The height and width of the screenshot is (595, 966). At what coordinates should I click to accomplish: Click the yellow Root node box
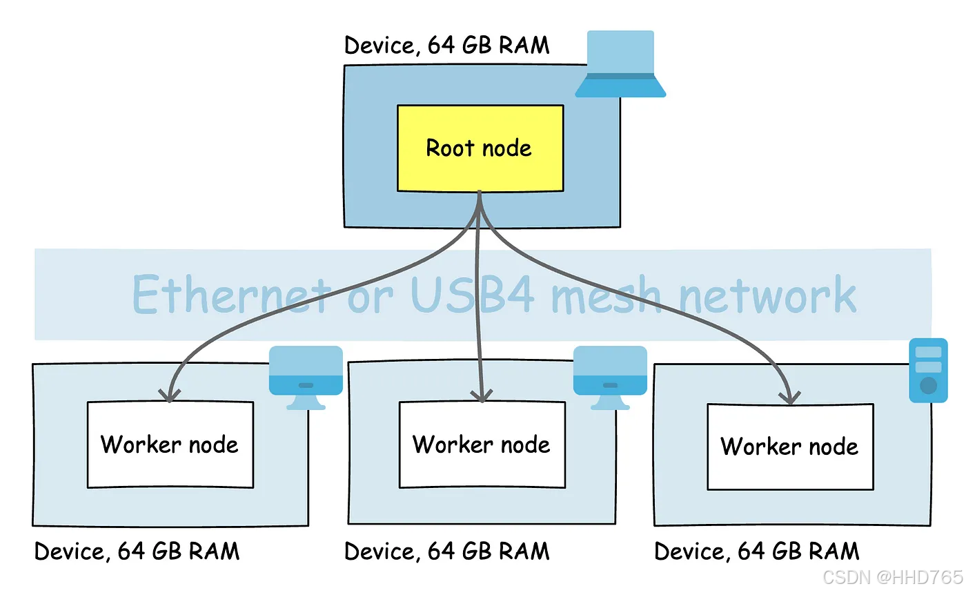click(480, 148)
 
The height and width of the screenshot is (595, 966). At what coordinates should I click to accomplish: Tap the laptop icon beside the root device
click(620, 64)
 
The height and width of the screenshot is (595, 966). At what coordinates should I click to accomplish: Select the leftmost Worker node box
click(170, 444)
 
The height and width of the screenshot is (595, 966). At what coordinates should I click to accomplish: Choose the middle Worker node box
click(482, 444)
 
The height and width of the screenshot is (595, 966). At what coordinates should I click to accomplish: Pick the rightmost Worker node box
click(790, 446)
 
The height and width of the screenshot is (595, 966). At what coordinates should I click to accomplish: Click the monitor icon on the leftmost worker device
click(306, 377)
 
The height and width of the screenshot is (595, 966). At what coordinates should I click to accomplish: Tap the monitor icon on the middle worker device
click(610, 377)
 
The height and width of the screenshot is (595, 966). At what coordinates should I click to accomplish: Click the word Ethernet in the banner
click(229, 295)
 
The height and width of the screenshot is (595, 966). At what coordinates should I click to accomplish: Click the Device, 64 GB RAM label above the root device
click(447, 46)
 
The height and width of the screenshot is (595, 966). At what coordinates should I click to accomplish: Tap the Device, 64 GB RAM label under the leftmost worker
click(137, 552)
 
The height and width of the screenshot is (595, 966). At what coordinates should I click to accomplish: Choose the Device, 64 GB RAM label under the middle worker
click(447, 552)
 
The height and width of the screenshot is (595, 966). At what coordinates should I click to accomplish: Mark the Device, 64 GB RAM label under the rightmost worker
click(757, 552)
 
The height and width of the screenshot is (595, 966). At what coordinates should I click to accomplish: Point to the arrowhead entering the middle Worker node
click(481, 396)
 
